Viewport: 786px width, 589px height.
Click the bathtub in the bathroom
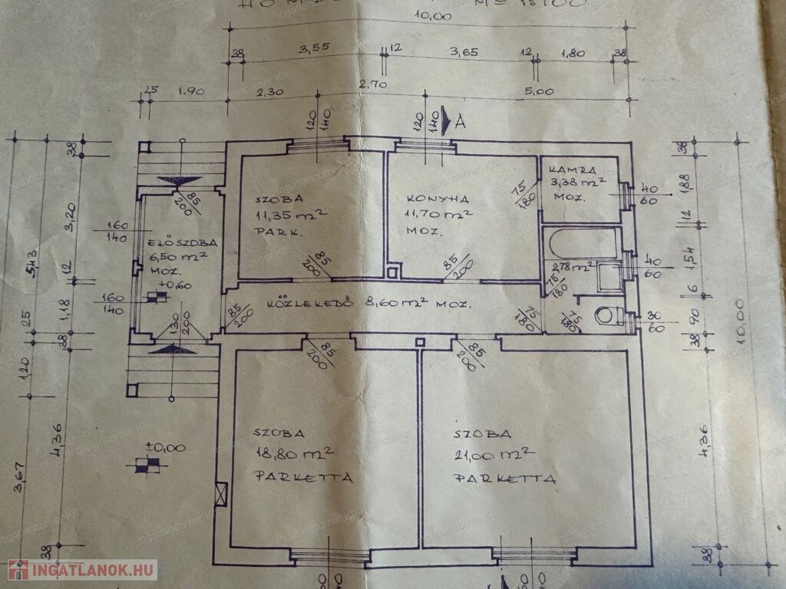(583, 244)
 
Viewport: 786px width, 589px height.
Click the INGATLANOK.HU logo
(82, 570)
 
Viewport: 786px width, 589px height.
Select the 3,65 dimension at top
(464, 51)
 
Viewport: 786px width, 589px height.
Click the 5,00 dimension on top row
(540, 91)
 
